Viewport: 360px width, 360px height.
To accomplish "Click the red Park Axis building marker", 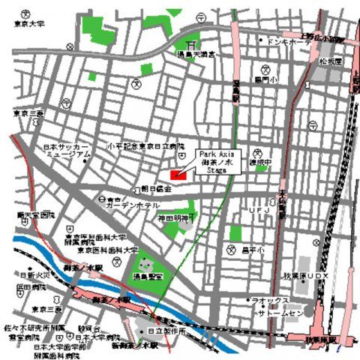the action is tap(177, 175).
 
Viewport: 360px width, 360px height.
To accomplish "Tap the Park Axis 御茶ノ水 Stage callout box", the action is tap(218, 161).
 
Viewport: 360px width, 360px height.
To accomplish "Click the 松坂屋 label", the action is tap(329, 59).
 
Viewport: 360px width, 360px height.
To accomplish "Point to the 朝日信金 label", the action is tap(157, 189).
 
